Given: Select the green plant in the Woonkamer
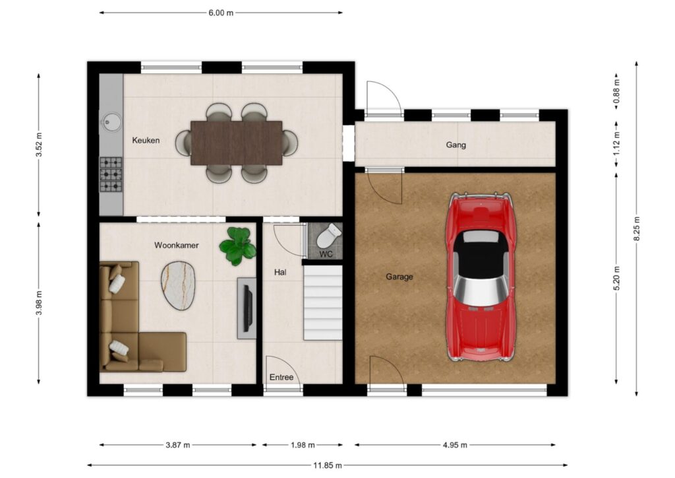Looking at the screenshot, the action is [237, 246].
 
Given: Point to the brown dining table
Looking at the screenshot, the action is [237, 143].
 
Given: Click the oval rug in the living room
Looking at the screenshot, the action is [178, 285].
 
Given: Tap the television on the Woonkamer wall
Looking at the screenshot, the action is [248, 308].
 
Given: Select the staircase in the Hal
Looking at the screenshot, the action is [323, 302].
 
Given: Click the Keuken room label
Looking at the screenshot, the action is [146, 140].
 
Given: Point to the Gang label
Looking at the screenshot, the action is [456, 145].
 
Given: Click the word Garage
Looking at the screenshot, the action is [399, 277].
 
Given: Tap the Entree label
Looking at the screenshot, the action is [281, 377].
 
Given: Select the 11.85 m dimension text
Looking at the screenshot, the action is [328, 465].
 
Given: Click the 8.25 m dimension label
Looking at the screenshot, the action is [637, 229].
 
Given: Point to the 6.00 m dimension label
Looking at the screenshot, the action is [221, 13].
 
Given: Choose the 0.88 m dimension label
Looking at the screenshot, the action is [616, 92].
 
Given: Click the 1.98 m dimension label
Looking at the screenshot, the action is [303, 445].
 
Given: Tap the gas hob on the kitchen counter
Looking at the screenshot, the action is [111, 174].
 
